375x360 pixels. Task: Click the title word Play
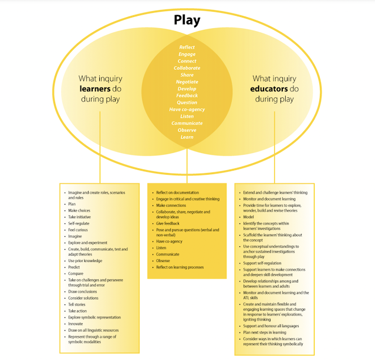point(187,21)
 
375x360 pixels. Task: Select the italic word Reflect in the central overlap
point(187,47)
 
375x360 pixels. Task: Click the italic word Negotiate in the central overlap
point(187,81)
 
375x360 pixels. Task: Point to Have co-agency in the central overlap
point(187,109)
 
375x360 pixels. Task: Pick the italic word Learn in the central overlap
point(187,137)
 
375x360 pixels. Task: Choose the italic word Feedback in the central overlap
point(187,95)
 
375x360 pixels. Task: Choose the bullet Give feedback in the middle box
point(169,224)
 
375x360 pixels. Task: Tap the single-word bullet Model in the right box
point(248,216)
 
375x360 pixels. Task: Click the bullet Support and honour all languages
point(271,325)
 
